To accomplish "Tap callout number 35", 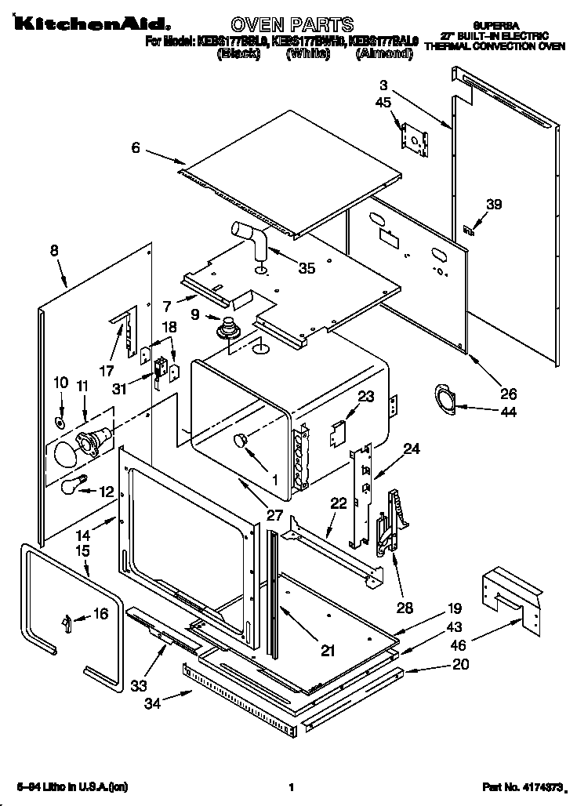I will [x=307, y=268].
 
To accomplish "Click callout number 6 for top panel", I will [x=136, y=147].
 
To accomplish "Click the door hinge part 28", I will [x=387, y=521].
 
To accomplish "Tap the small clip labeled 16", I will [x=67, y=622].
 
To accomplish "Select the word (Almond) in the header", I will [x=383, y=54].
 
